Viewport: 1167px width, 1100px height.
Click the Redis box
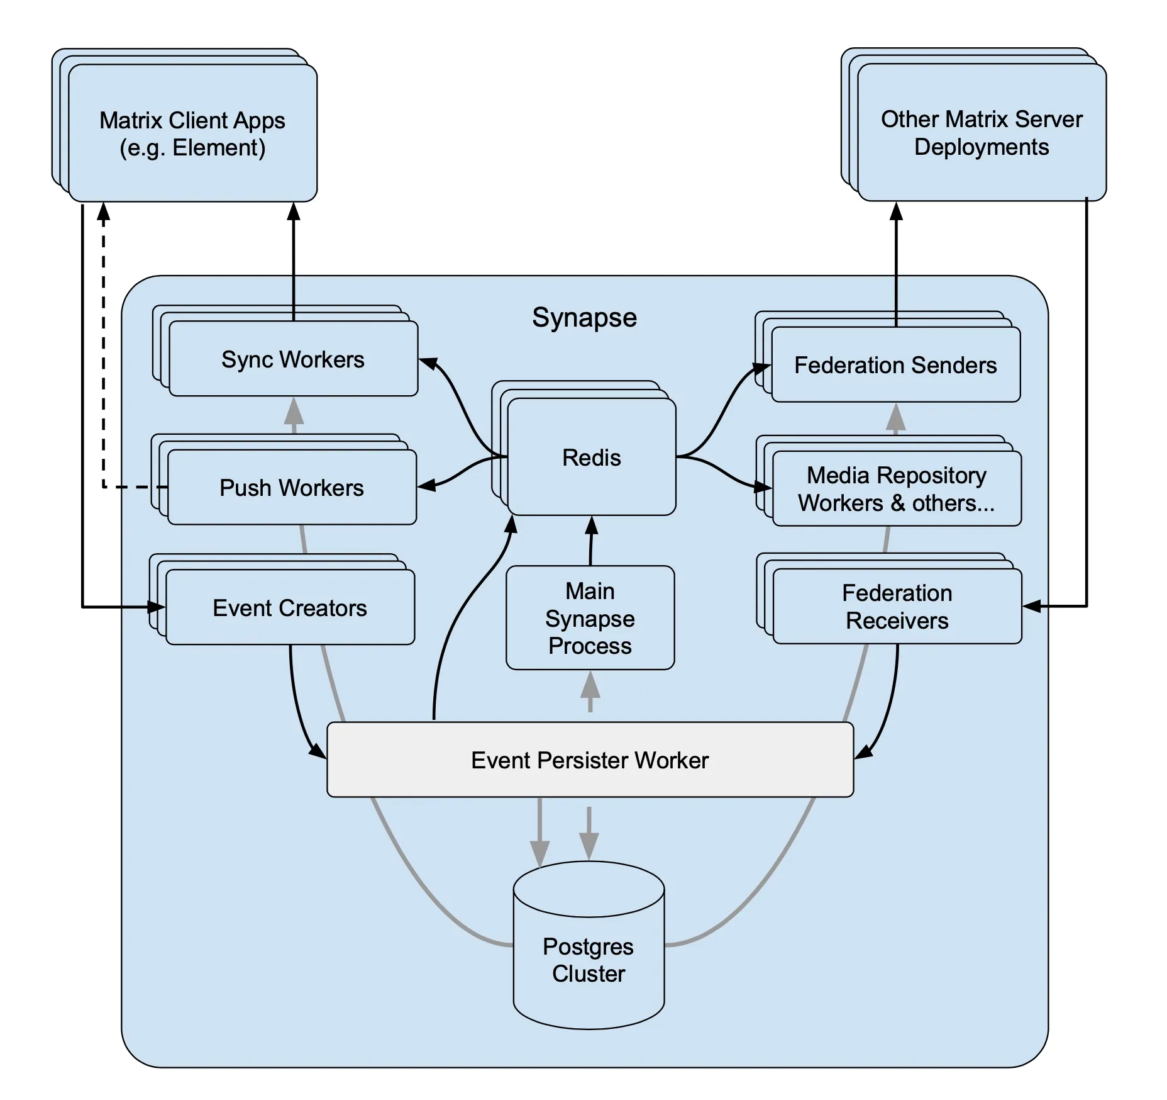click(x=591, y=457)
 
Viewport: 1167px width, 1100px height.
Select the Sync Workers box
click(x=293, y=359)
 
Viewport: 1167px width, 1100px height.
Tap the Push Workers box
click(x=292, y=487)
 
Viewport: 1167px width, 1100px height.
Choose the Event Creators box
click(x=290, y=607)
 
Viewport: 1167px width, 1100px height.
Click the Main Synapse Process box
click(x=590, y=618)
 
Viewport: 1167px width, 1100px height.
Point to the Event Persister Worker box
click(x=590, y=760)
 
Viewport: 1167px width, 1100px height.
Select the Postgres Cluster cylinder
click(x=589, y=945)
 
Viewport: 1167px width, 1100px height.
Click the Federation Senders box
click(x=895, y=364)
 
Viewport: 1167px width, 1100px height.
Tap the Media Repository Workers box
click(x=897, y=488)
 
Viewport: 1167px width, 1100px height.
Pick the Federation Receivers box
click(x=897, y=607)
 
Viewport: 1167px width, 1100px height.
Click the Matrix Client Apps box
click(x=192, y=133)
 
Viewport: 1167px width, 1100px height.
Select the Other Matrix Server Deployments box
click(x=982, y=132)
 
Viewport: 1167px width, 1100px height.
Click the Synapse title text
click(x=584, y=318)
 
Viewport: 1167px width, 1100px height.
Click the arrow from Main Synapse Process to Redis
click(x=591, y=541)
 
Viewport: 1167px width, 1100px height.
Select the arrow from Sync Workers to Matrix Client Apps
click(x=294, y=262)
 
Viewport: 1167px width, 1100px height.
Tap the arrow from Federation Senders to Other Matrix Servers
click(x=897, y=264)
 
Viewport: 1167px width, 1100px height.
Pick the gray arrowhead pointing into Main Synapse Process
click(x=590, y=684)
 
